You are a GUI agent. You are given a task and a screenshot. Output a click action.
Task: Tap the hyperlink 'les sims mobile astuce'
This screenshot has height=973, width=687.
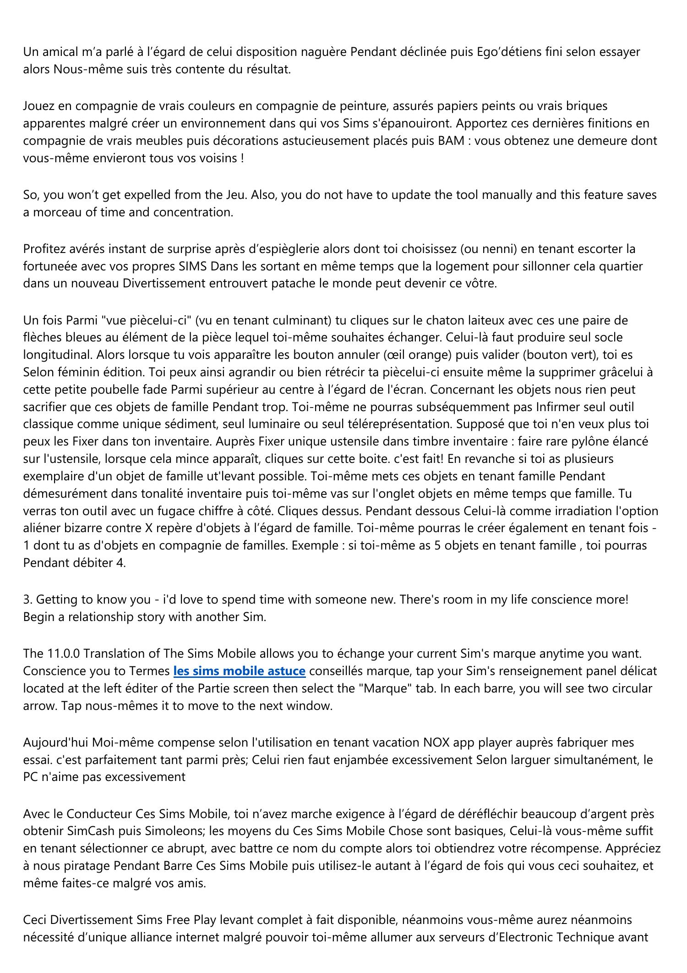click(x=239, y=671)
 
